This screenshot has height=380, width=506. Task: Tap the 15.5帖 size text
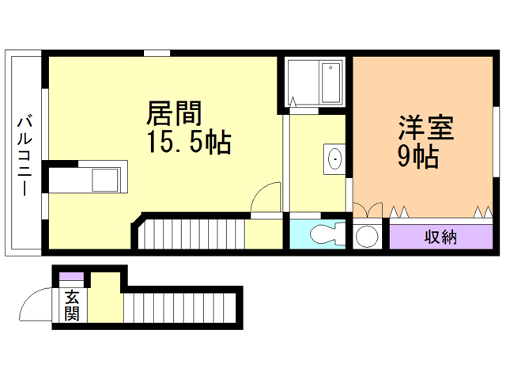(187, 142)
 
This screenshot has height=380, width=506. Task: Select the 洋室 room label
(424, 127)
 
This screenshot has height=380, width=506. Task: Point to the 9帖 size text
(417, 157)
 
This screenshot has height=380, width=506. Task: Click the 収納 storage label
(440, 237)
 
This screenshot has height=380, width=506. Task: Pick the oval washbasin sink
(335, 159)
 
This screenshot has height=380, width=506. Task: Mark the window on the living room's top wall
(157, 54)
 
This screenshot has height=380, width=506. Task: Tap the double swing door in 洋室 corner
(365, 210)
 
